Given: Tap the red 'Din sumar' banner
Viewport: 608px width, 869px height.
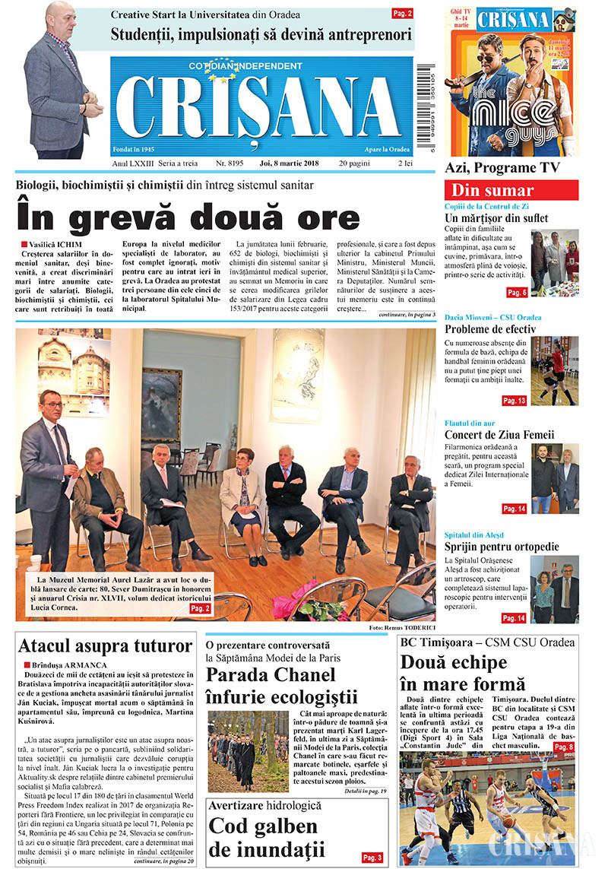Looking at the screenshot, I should (x=511, y=190).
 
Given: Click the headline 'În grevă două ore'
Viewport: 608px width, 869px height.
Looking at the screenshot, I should (x=188, y=217).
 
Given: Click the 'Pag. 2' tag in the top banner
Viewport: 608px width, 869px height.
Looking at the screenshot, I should (x=402, y=13).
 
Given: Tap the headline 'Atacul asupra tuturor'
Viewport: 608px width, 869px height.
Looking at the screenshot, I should (x=105, y=646).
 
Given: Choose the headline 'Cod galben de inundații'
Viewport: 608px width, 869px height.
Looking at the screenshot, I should (x=266, y=837).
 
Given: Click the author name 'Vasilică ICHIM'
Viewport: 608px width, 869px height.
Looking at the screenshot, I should (x=53, y=243).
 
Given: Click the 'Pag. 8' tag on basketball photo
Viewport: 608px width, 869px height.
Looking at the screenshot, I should (x=563, y=748).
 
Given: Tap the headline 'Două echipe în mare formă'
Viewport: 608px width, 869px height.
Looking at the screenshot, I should (x=463, y=672).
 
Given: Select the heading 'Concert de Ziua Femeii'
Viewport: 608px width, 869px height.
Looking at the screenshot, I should (x=499, y=435).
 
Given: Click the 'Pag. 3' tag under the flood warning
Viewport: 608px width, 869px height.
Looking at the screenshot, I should (x=372, y=858).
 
